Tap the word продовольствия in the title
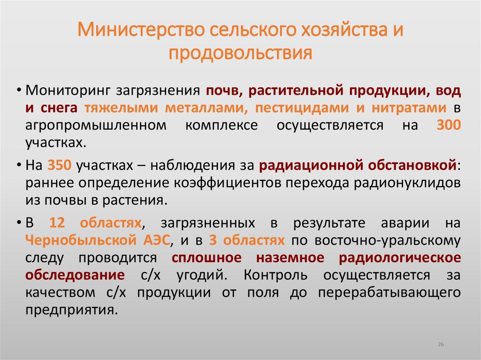[x=240, y=52]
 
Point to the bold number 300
[x=449, y=125]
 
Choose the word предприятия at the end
[x=71, y=310]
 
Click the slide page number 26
[x=441, y=345]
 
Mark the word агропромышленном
[x=96, y=125]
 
